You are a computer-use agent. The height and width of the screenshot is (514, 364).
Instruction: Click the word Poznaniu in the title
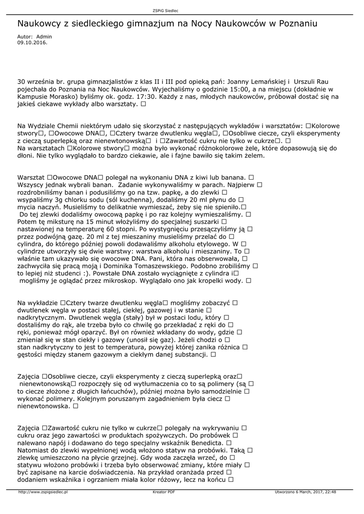pos(292,24)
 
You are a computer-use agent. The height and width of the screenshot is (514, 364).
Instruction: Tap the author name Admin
pos(44,37)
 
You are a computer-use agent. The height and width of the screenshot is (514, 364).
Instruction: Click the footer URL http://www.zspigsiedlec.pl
pos(43,492)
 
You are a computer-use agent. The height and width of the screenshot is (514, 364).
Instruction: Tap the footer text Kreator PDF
pos(164,492)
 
